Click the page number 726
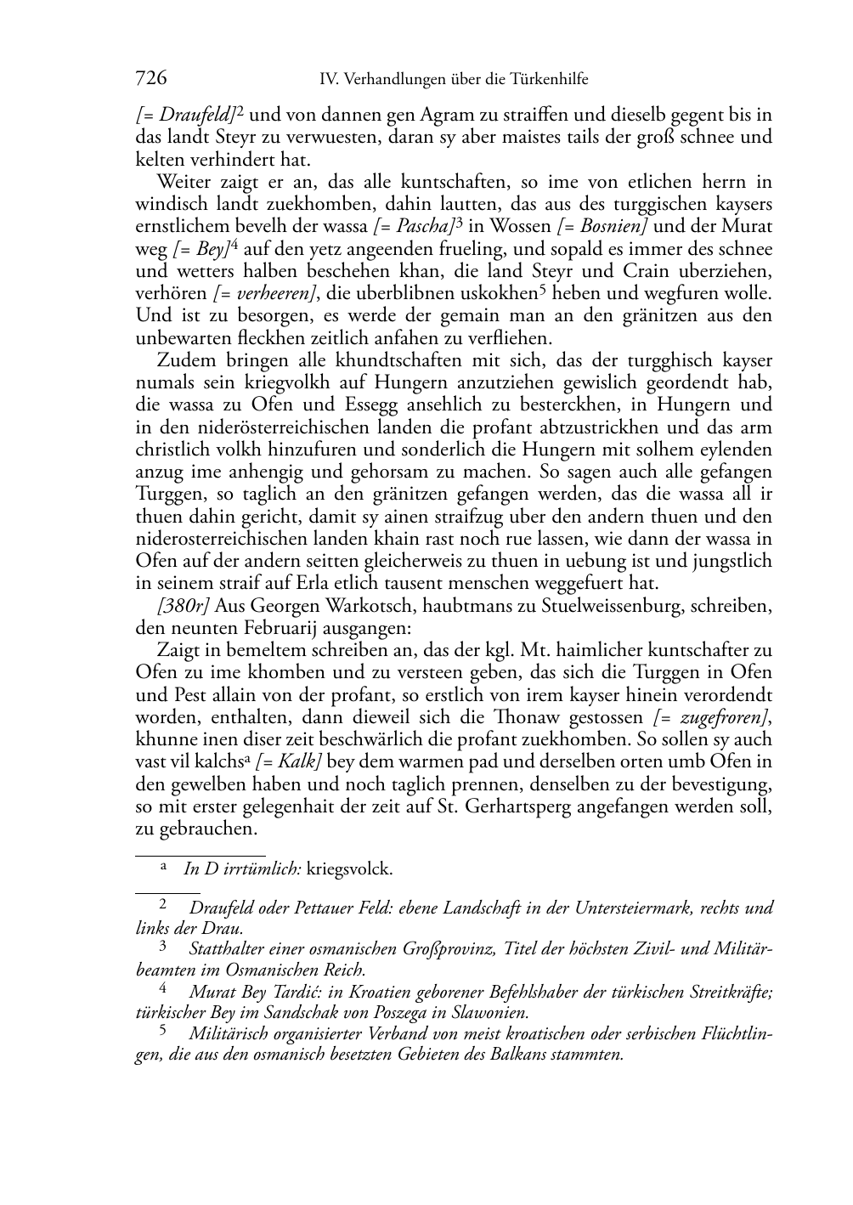tap(151, 79)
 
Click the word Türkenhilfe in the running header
tap(550, 80)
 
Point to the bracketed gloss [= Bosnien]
tap(604, 226)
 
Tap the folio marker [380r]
tap(178, 607)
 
